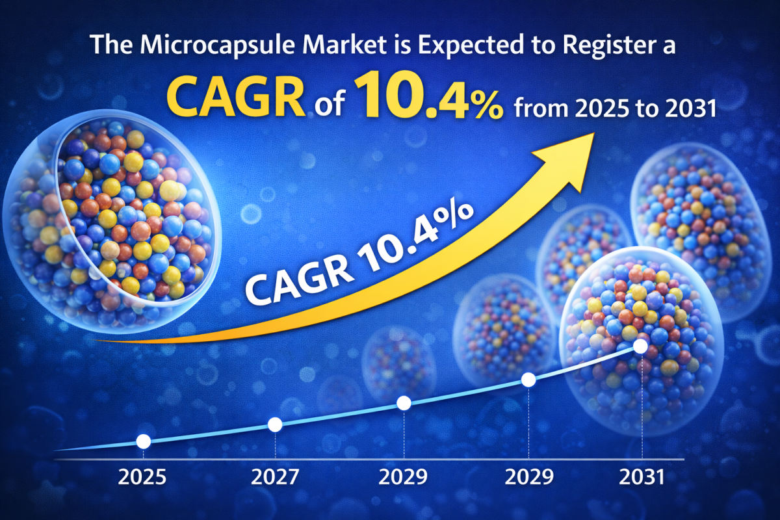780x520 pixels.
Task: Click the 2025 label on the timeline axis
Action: coord(142,478)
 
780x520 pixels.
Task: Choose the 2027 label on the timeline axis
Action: coord(275,478)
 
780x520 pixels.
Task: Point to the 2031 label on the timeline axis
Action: coord(642,478)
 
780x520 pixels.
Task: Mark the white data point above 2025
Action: coord(144,441)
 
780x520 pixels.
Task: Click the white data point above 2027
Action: coord(275,424)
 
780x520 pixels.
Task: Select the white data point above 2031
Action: coord(640,346)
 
